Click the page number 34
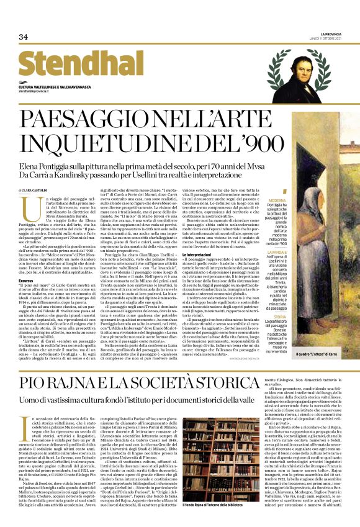click(24, 37)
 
